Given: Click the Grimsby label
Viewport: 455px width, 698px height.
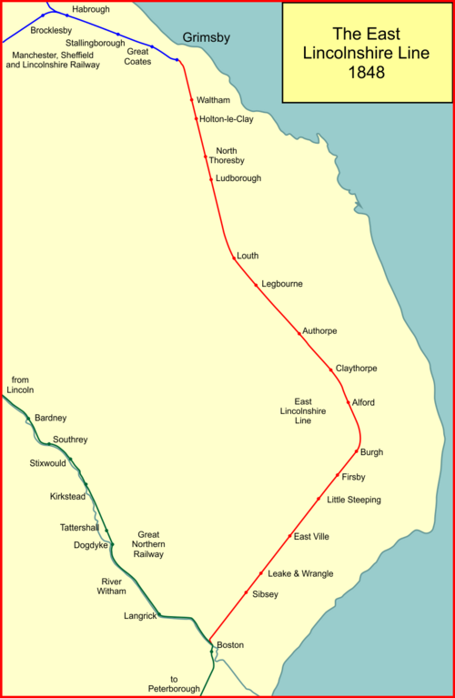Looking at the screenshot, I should point(207,37).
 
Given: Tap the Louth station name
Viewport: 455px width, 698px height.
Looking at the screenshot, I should point(248,256).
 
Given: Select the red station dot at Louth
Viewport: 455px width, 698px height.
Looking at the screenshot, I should point(233,258).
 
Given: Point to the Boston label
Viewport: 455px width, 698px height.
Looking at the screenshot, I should point(230,645).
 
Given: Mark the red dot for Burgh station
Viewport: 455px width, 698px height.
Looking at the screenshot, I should point(356,451).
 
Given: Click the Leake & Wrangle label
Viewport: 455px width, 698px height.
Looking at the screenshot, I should point(300,573).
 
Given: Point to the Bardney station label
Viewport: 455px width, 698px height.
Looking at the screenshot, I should point(50,418).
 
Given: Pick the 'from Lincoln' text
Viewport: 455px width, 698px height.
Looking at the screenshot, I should point(20,384).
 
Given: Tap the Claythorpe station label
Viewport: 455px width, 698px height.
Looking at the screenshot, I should point(356,369).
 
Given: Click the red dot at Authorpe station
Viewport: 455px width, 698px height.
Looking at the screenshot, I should point(298,333).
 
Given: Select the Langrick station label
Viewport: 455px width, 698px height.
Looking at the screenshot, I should point(141,616).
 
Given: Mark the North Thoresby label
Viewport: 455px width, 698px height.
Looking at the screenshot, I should point(227,156).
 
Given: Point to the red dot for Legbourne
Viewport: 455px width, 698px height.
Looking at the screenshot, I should point(256,285).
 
